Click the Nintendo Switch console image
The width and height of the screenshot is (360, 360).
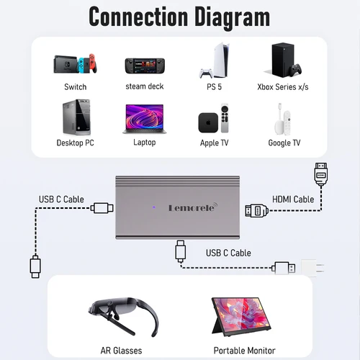(75, 65)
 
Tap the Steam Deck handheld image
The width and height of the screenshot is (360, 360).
(144, 66)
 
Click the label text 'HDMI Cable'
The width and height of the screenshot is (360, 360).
(293, 199)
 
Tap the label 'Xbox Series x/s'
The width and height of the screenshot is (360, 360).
(284, 87)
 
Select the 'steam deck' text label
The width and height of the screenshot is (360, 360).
(144, 86)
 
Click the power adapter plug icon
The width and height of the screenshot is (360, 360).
(307, 267)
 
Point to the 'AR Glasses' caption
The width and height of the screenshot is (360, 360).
(121, 351)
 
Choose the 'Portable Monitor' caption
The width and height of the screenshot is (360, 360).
(244, 351)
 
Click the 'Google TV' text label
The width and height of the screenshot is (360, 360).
(284, 143)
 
